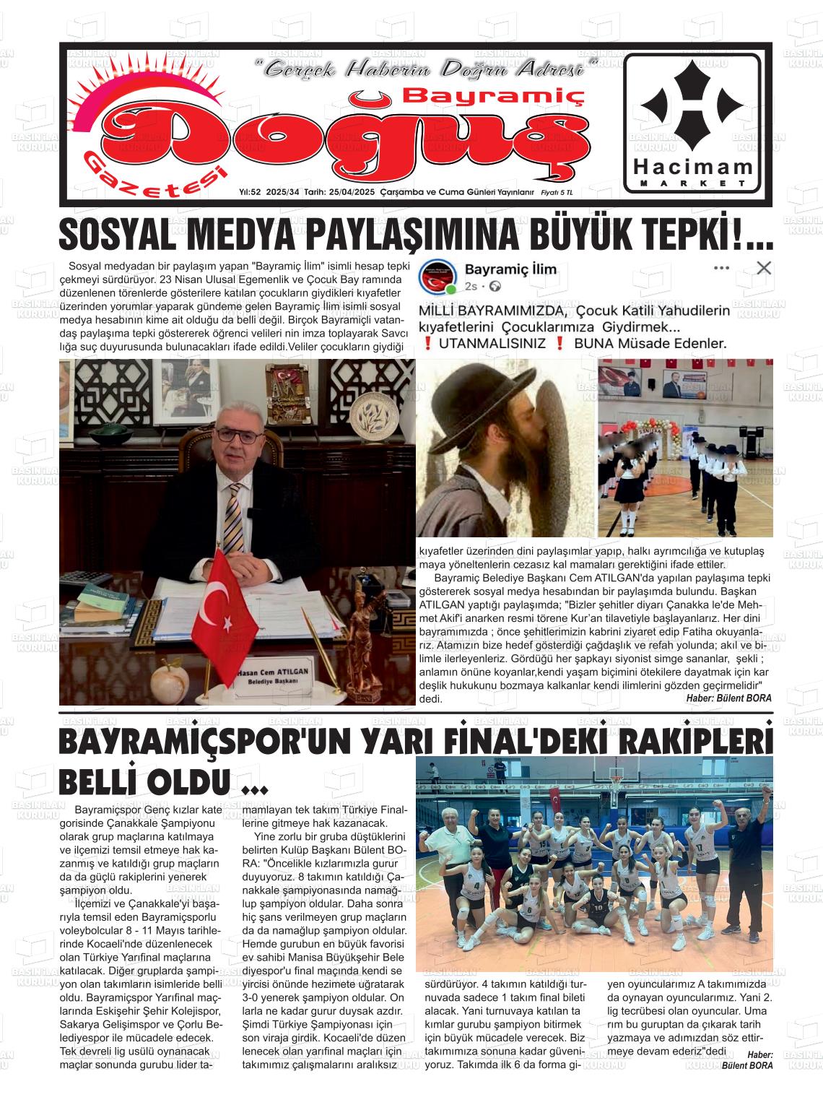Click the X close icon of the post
pos(763,269)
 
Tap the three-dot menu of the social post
pos(721,269)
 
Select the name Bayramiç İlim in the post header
pos(510,269)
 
